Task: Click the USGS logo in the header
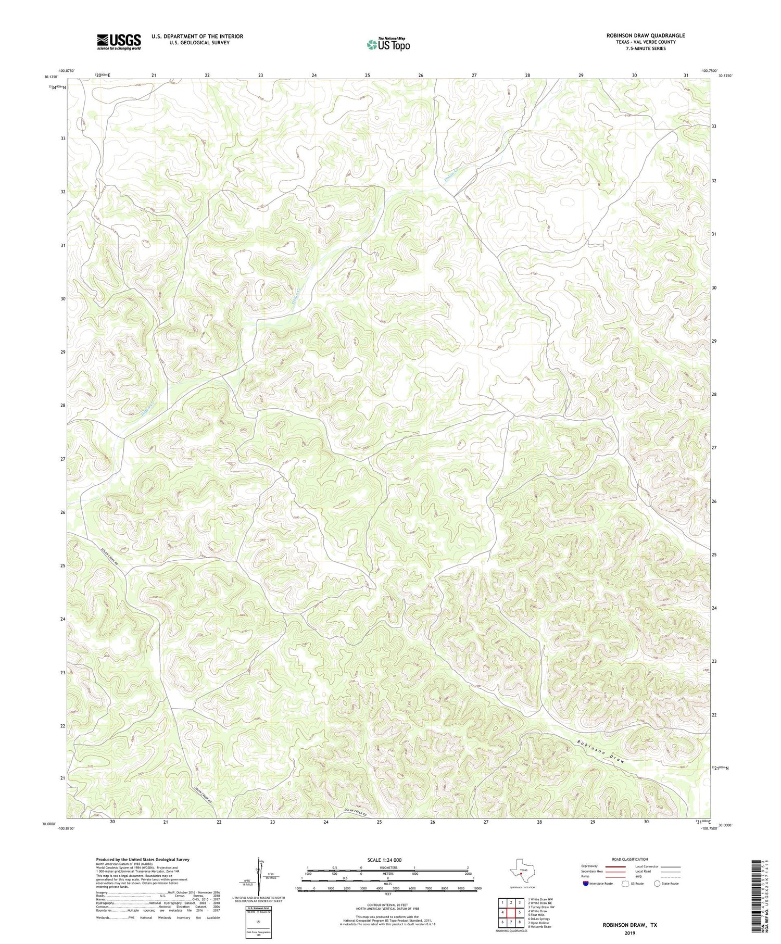[119, 42]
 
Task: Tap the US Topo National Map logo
[388, 44]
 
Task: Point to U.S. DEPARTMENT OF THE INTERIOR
[197, 36]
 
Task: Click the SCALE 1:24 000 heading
[387, 860]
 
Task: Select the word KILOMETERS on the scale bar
[387, 867]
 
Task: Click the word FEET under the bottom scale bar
[387, 894]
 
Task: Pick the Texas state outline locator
[521, 869]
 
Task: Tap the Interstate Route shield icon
[587, 883]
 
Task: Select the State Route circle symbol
[657, 883]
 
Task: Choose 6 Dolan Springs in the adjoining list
[539, 918]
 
